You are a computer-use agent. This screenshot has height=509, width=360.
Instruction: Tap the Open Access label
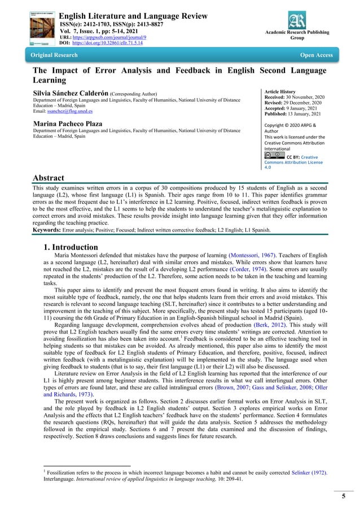coord(316,55)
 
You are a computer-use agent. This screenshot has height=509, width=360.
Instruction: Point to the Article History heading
coord(280,91)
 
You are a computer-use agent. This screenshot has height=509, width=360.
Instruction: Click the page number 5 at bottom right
coord(344,497)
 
